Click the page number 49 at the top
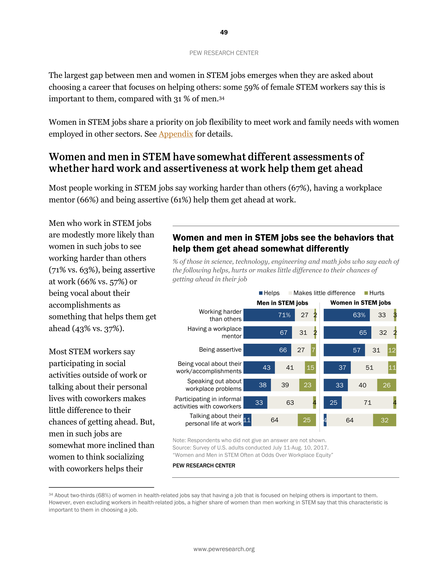(x=224, y=32)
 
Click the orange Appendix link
(x=176, y=134)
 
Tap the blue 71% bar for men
(x=269, y=315)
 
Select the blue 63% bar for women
(x=347, y=315)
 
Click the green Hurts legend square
(x=366, y=293)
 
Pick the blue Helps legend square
(x=261, y=293)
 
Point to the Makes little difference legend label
(x=324, y=293)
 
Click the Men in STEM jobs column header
(x=282, y=303)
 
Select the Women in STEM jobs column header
(x=361, y=303)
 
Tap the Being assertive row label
(x=220, y=350)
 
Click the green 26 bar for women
(x=386, y=385)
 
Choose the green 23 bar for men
(x=307, y=385)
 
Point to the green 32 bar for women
(x=384, y=420)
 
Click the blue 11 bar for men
(x=247, y=420)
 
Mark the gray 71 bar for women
(x=367, y=403)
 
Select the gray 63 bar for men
(x=290, y=403)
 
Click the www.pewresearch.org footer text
(x=224, y=549)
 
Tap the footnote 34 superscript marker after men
(x=222, y=98)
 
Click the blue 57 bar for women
(x=344, y=350)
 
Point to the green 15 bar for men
(x=310, y=367)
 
